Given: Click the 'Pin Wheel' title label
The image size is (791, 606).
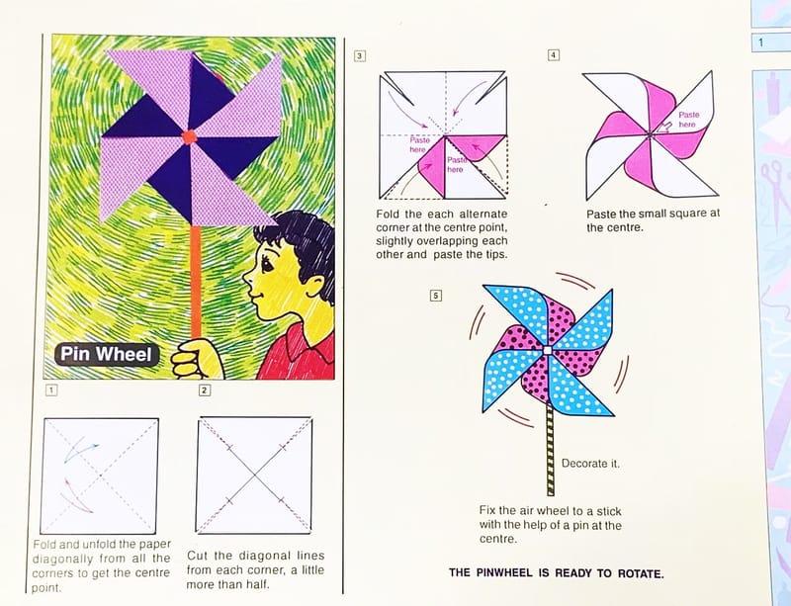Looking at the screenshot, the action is [x=107, y=354].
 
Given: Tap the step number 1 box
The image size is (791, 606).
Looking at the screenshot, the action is [x=51, y=390].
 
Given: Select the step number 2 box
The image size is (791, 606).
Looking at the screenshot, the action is [x=205, y=390].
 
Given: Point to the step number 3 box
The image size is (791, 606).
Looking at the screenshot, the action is [x=359, y=56].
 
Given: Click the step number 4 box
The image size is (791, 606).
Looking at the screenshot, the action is [x=554, y=55].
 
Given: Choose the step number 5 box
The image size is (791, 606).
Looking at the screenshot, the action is [x=436, y=296].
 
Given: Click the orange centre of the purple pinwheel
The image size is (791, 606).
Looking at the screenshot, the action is [x=189, y=136].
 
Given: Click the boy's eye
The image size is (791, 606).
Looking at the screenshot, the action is [x=268, y=264].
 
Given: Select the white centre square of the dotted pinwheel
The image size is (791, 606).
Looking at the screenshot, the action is [x=548, y=350].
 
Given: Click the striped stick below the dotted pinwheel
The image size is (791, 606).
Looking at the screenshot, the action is [x=550, y=450].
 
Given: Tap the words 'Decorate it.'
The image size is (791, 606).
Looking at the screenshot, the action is [x=590, y=464].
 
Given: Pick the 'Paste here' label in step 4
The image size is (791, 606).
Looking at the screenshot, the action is [x=688, y=120].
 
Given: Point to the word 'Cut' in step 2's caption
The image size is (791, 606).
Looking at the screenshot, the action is [x=197, y=556].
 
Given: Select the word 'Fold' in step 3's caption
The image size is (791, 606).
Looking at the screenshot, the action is [x=388, y=214].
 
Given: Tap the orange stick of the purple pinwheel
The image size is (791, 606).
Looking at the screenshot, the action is [x=195, y=283].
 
